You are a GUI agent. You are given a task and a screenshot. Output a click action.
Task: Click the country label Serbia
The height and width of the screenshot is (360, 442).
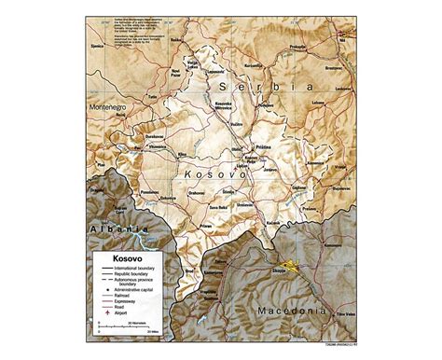283,86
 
